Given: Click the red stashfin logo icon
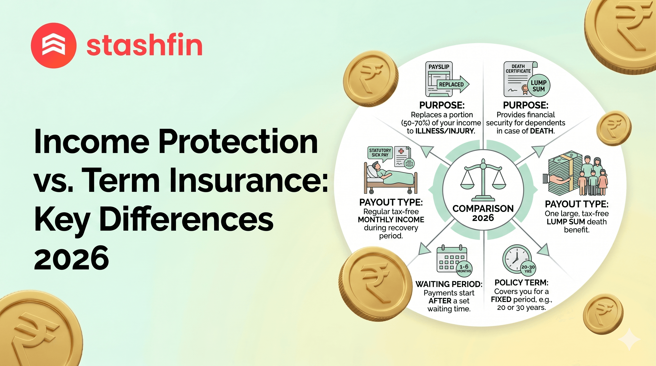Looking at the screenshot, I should click(54, 46).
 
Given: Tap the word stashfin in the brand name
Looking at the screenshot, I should click(144, 46).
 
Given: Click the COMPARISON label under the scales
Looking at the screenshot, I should click(483, 208).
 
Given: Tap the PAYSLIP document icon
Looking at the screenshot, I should click(439, 79).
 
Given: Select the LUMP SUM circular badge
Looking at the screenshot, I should click(538, 86).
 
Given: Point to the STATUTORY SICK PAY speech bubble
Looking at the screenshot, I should click(380, 153).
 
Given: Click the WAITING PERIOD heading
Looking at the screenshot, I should click(449, 284).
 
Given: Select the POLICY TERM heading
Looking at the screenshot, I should click(521, 282).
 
